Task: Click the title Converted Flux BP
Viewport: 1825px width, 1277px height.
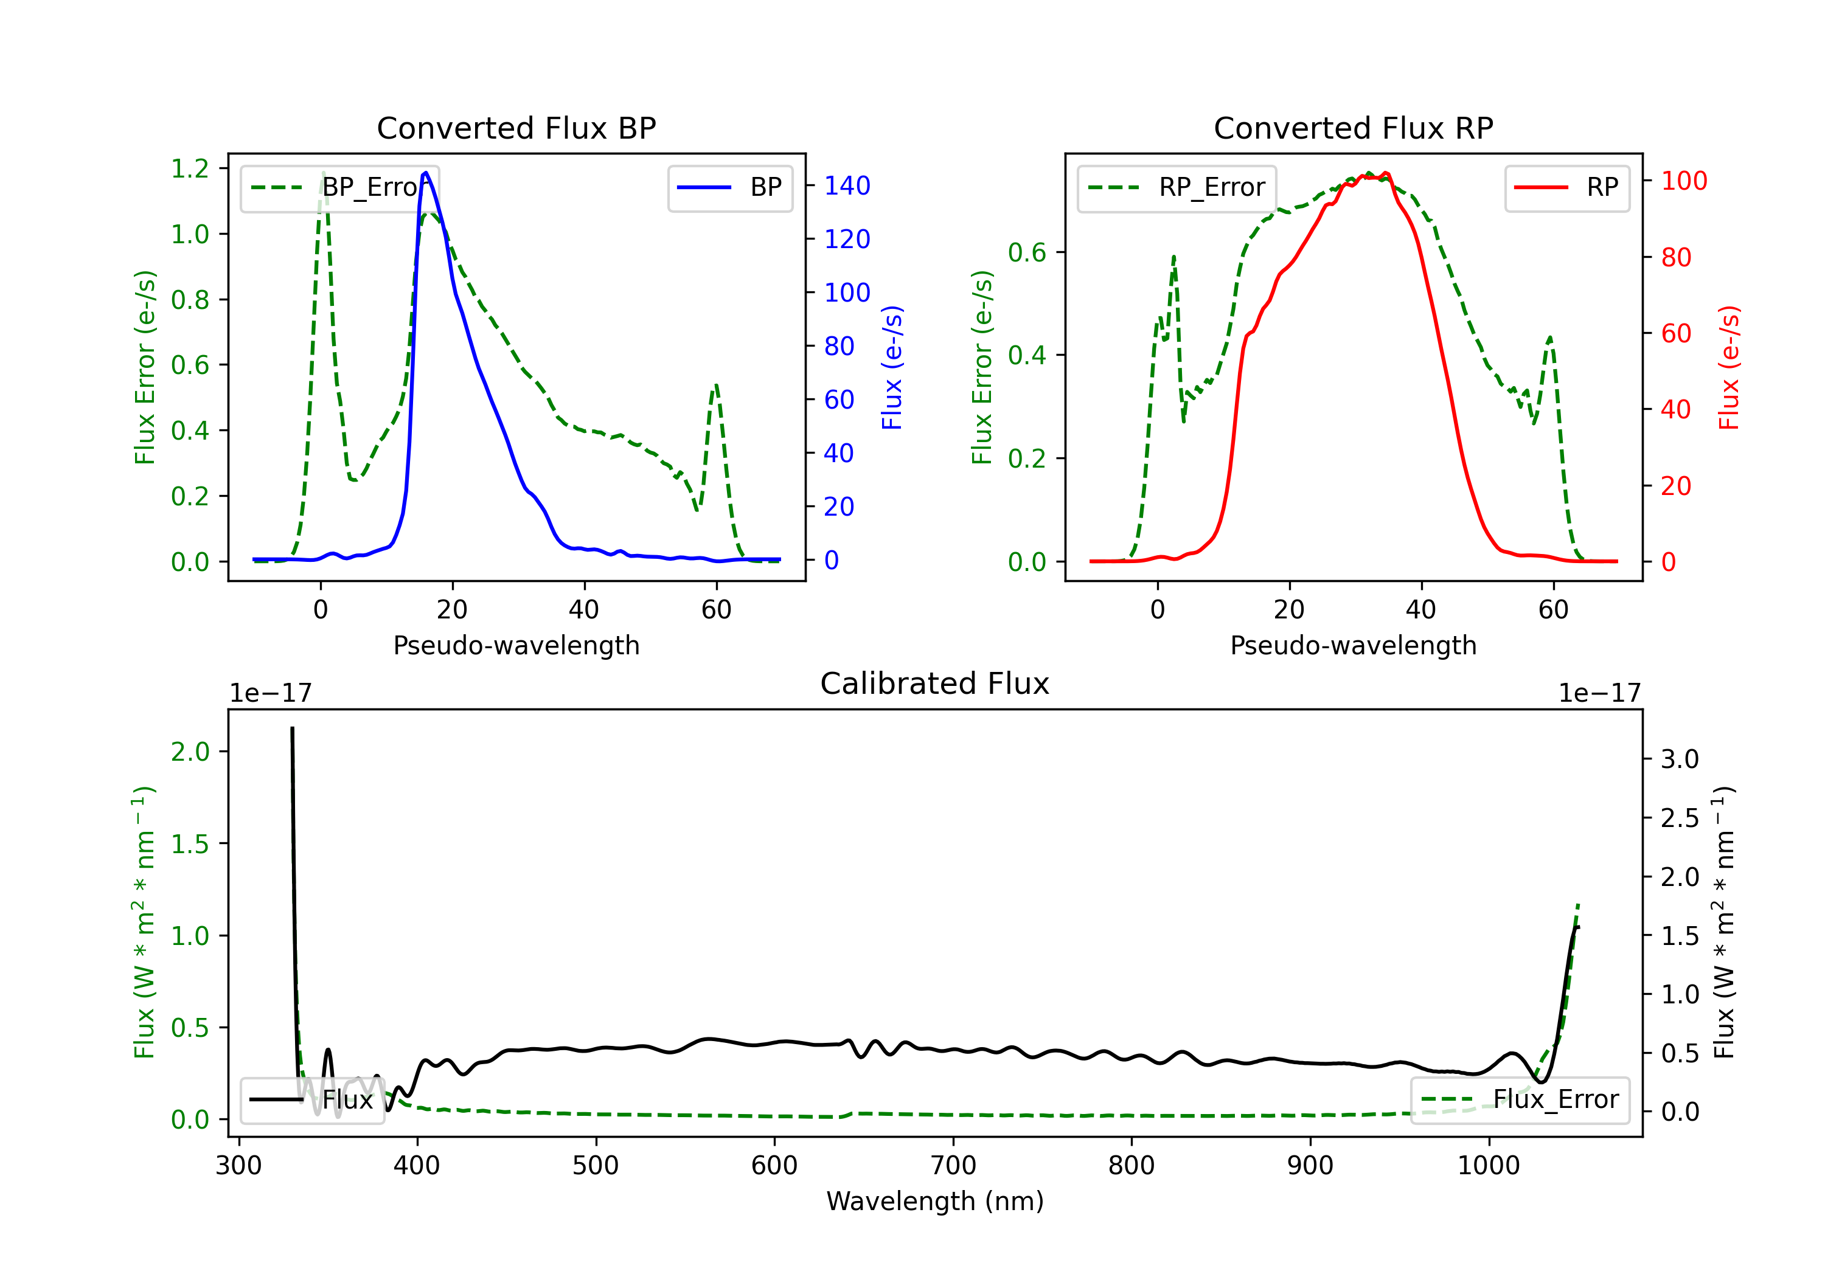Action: click(x=516, y=128)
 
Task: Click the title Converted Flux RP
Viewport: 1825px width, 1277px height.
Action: click(x=1353, y=128)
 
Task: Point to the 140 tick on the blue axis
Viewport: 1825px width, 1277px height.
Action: click(x=847, y=186)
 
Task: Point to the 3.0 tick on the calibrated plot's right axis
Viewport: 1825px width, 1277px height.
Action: click(x=1680, y=759)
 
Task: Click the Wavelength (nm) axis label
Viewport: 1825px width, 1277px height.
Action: click(x=935, y=1201)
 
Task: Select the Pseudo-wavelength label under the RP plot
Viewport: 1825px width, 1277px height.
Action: click(x=1353, y=645)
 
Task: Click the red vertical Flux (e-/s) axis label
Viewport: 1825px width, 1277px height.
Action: click(x=1729, y=367)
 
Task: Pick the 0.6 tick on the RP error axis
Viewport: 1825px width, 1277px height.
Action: click(x=1027, y=253)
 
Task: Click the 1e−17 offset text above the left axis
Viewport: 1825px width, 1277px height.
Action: click(x=270, y=693)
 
